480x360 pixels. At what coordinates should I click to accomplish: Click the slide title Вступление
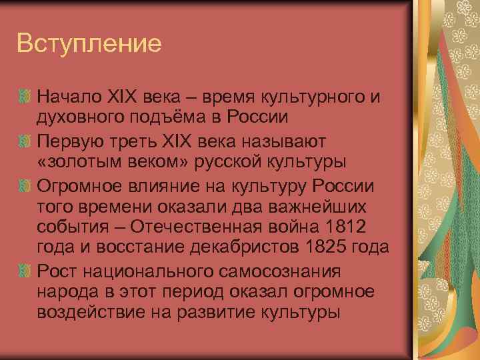(x=89, y=44)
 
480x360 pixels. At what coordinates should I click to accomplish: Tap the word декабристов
(x=240, y=247)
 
